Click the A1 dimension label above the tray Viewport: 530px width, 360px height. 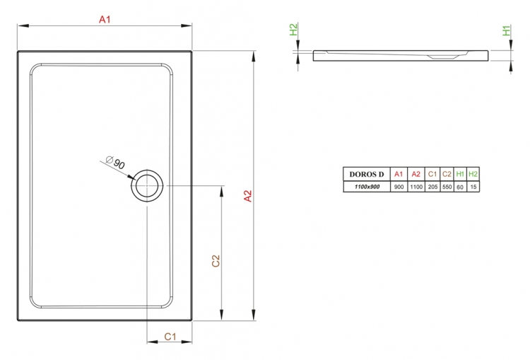pos(105,20)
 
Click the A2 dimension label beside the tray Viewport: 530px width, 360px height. pos(248,196)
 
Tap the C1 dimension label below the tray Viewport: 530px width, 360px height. pos(170,337)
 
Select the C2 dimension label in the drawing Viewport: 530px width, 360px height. pos(216,261)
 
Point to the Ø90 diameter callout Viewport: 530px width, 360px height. pos(115,163)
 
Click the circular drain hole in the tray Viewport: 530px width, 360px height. pos(147,185)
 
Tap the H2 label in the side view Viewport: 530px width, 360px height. pos(293,30)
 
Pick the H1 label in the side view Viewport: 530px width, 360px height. pos(506,30)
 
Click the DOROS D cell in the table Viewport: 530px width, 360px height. pos(367,174)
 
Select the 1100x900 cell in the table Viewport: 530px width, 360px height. pos(367,187)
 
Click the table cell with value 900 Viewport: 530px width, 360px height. pos(399,187)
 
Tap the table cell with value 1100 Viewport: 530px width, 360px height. pos(416,187)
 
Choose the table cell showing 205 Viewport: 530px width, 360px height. pos(432,187)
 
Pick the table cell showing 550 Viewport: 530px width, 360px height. pos(447,187)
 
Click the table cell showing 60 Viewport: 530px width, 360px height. pos(460,187)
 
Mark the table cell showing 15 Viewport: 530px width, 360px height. pos(473,187)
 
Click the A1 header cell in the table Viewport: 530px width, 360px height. pos(399,174)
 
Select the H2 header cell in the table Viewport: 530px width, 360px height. pos(473,174)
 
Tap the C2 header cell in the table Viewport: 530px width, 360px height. pos(447,174)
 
